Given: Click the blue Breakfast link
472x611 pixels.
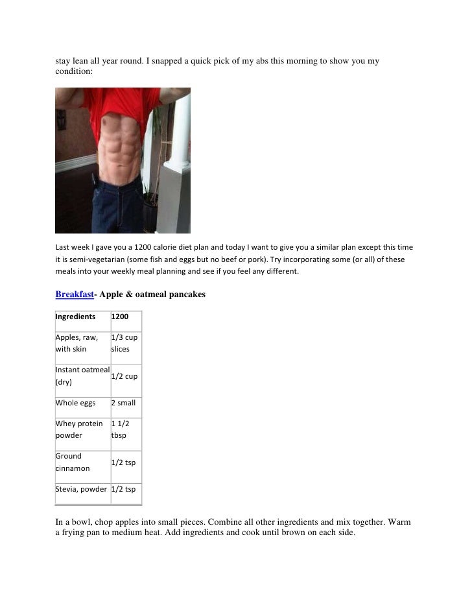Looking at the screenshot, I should pos(74,294).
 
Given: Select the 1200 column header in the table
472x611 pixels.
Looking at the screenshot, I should pos(120,317).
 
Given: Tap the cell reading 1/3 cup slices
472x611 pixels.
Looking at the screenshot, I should pos(124,343).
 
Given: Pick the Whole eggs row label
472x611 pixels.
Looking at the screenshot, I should pos(75,403).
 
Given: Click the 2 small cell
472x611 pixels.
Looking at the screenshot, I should pos(123,403).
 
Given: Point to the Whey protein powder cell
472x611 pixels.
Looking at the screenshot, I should pos(79,429).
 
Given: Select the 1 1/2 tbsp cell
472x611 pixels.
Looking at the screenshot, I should pos(121,429).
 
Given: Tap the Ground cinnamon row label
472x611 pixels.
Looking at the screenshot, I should pos(73,462).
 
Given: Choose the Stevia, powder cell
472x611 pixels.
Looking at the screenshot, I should pos(81,490).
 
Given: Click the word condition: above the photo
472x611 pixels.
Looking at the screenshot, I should pos(74,73).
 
